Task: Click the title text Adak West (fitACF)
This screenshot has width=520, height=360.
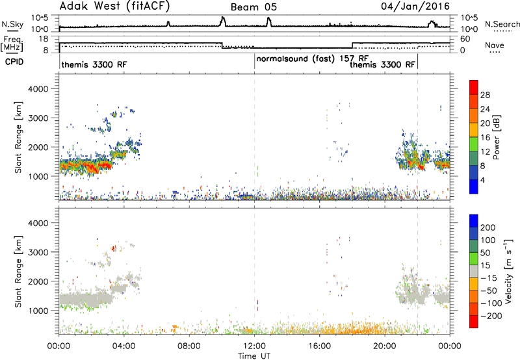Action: [114, 6]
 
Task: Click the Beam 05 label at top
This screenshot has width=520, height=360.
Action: [253, 7]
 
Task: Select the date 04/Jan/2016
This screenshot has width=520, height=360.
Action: [415, 6]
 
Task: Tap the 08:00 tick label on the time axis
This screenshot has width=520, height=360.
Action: [189, 346]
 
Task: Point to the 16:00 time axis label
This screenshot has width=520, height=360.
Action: [319, 346]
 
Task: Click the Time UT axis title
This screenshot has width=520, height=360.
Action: [254, 356]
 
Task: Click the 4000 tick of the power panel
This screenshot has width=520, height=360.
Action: [38, 89]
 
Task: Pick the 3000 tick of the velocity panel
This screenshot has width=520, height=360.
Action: [38, 252]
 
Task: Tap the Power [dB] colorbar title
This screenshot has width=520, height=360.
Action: [496, 137]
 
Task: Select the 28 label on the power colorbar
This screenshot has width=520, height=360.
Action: [485, 95]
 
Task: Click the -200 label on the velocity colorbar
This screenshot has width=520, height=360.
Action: [491, 316]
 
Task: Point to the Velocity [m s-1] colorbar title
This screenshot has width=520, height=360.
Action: [508, 271]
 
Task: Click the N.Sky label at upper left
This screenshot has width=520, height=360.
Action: [12, 25]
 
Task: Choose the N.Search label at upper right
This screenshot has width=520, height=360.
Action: [502, 24]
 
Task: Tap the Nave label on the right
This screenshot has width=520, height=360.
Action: [495, 45]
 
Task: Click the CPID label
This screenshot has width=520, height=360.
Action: [14, 62]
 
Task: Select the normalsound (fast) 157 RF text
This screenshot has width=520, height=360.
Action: [313, 59]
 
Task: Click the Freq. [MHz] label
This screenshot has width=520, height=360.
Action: [12, 44]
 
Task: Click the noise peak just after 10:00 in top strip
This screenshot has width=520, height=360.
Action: [223, 21]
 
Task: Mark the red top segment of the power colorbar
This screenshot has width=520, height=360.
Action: [474, 87]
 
